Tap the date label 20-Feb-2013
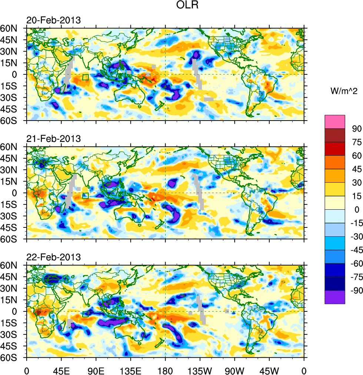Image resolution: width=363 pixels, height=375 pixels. click(53, 20)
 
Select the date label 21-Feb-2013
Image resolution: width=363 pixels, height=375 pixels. click(53, 139)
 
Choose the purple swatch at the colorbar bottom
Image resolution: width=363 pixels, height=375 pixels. click(334, 297)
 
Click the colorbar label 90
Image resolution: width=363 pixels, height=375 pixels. click(357, 129)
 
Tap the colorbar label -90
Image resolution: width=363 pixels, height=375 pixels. click(355, 291)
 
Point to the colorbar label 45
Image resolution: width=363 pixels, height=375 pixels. click(357, 169)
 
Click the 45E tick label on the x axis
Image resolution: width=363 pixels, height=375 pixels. click(61, 370)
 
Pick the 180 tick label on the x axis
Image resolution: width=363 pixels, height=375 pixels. click(165, 370)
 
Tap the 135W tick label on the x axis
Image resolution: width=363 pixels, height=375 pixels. click(200, 370)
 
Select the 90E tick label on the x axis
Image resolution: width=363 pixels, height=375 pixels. click(96, 370)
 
